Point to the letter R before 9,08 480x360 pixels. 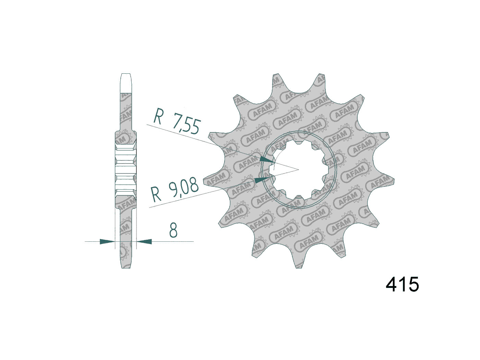(156, 195)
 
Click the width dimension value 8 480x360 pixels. (173, 230)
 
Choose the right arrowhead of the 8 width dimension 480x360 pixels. (144, 242)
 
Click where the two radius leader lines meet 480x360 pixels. (299, 169)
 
